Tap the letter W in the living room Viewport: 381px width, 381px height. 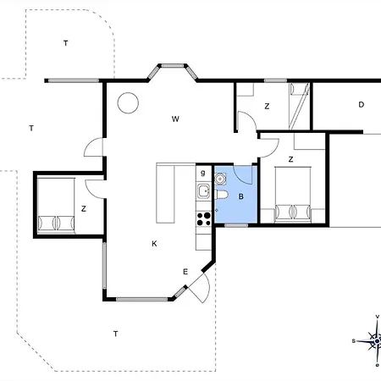pos(175,119)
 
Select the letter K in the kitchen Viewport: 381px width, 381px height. pos(154,244)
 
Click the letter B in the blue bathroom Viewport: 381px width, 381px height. pos(240,196)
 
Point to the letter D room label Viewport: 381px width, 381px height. pos(361,105)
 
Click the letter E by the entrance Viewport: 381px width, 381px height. pos(185,272)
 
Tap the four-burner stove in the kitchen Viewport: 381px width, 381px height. pos(204,218)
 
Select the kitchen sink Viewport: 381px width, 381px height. pos(204,191)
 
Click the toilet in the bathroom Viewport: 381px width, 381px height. pos(221,195)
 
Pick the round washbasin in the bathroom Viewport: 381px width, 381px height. pos(220,179)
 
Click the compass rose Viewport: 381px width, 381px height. pos(377,341)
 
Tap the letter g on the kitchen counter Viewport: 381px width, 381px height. pos(202,173)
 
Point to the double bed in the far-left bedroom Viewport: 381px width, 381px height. pos(56,206)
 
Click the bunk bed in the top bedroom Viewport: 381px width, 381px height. pos(299,106)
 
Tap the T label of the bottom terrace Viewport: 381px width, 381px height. pos(115,334)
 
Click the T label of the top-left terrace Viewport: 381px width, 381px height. pos(65,43)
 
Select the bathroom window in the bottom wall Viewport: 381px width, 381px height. pos(236,225)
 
